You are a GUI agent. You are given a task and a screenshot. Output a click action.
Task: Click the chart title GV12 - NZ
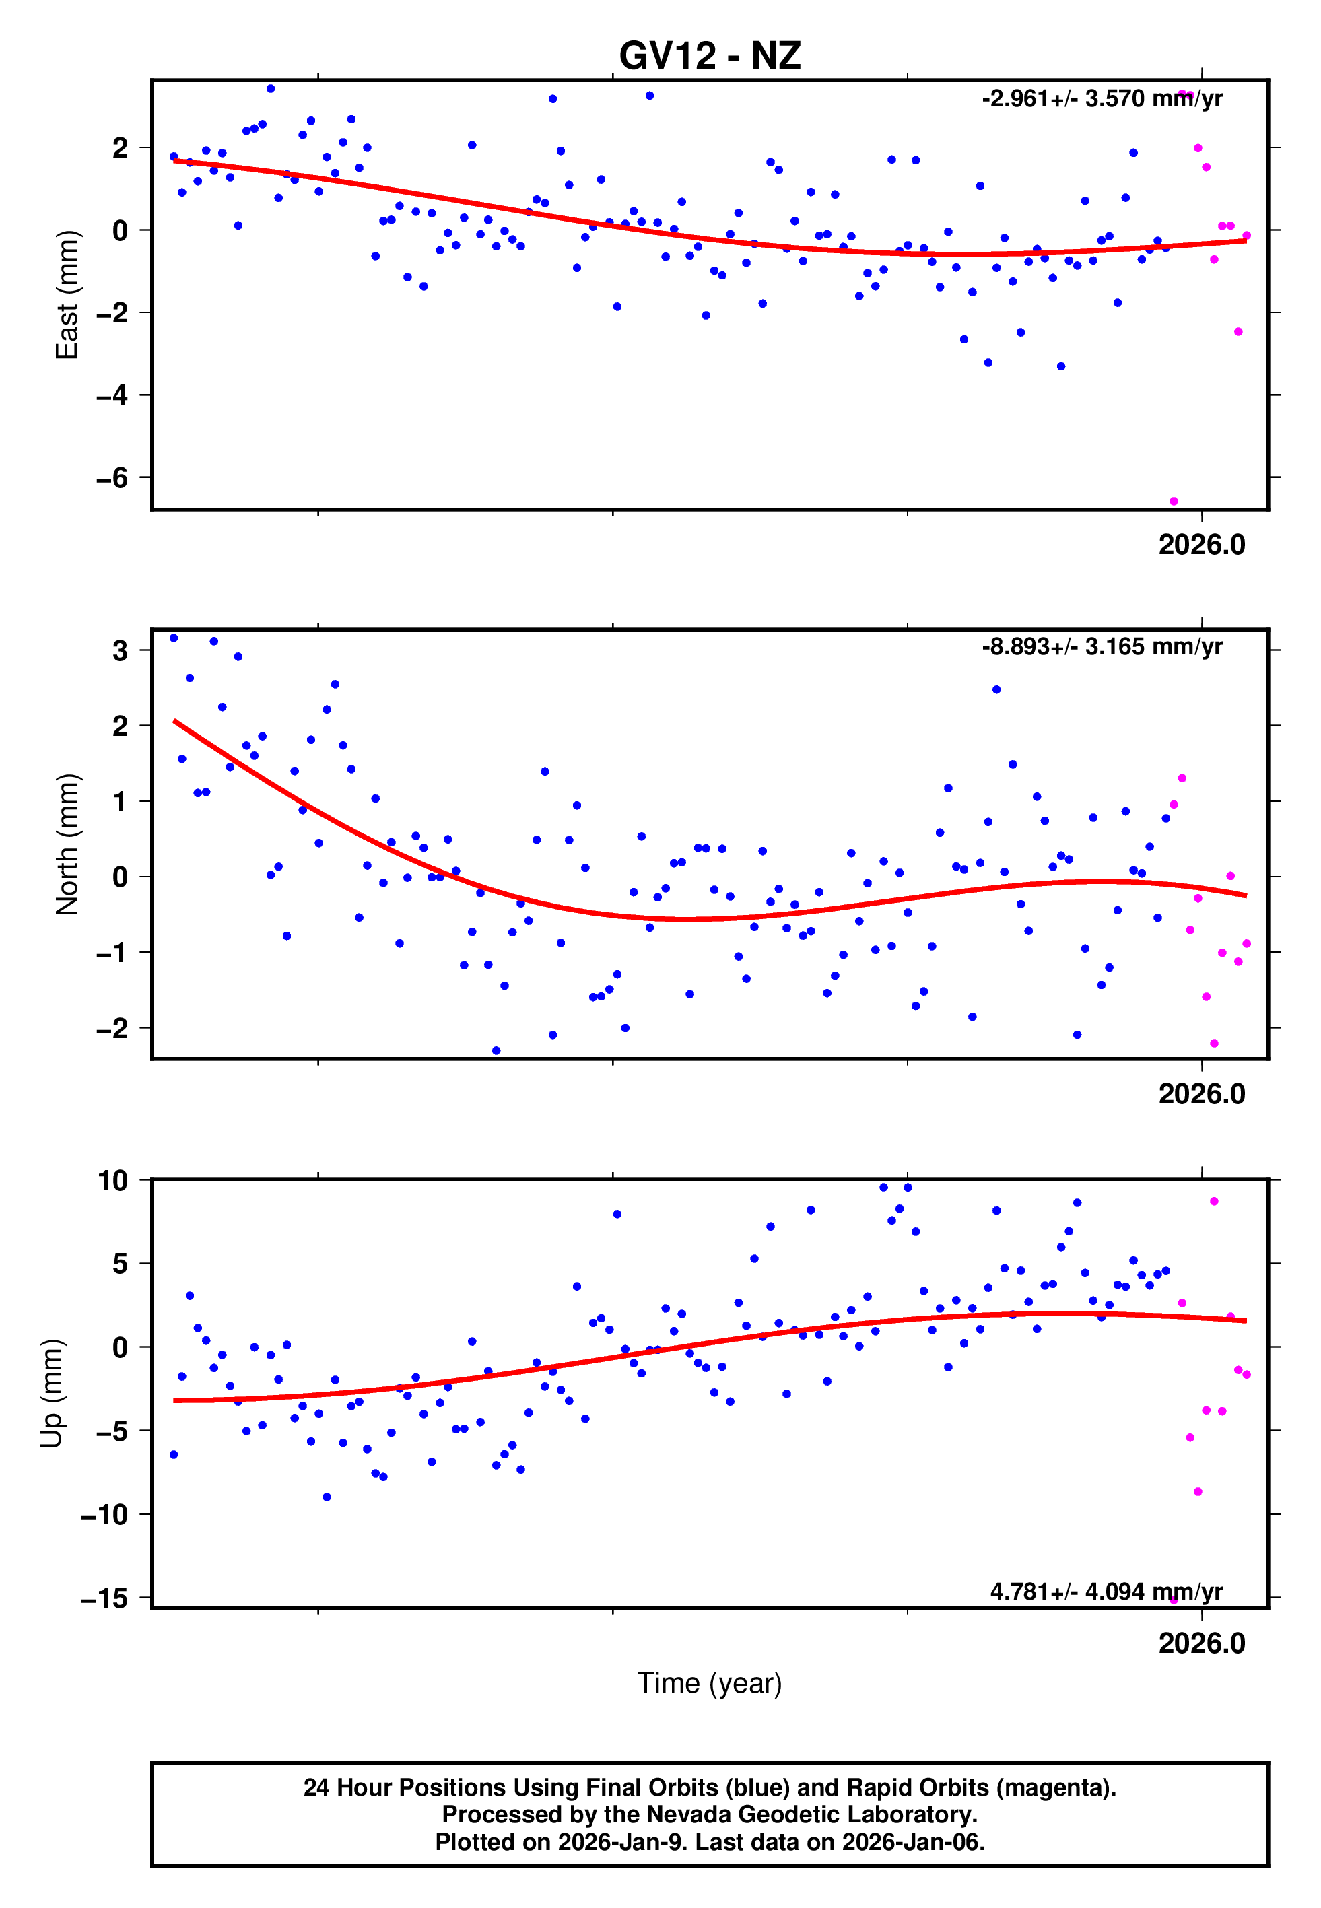coord(710,55)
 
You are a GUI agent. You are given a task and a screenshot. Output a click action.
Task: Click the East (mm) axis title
coord(66,296)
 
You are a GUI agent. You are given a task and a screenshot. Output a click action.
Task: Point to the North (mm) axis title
coord(66,844)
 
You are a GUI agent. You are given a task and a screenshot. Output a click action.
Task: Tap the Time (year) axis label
coord(710,1683)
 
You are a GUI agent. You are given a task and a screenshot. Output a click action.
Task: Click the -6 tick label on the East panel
coord(112,478)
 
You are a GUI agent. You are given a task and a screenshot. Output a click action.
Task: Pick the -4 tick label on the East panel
coord(112,395)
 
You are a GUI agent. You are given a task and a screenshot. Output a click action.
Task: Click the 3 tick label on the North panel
coord(121,650)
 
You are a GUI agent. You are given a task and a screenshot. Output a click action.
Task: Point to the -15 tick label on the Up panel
coord(104,1598)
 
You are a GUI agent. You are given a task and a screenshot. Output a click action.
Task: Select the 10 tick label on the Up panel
coord(112,1181)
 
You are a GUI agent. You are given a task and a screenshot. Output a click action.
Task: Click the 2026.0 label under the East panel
coord(1201,545)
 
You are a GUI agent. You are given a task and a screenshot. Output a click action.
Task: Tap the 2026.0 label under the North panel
coord(1201,1094)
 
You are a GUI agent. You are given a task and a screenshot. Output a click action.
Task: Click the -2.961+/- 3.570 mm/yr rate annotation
coord(1102,99)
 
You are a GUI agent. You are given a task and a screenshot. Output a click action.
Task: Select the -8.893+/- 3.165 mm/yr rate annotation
coord(1102,646)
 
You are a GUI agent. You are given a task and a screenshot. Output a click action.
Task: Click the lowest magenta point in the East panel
coord(1174,502)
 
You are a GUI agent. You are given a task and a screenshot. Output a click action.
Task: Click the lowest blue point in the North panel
coord(496,1051)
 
